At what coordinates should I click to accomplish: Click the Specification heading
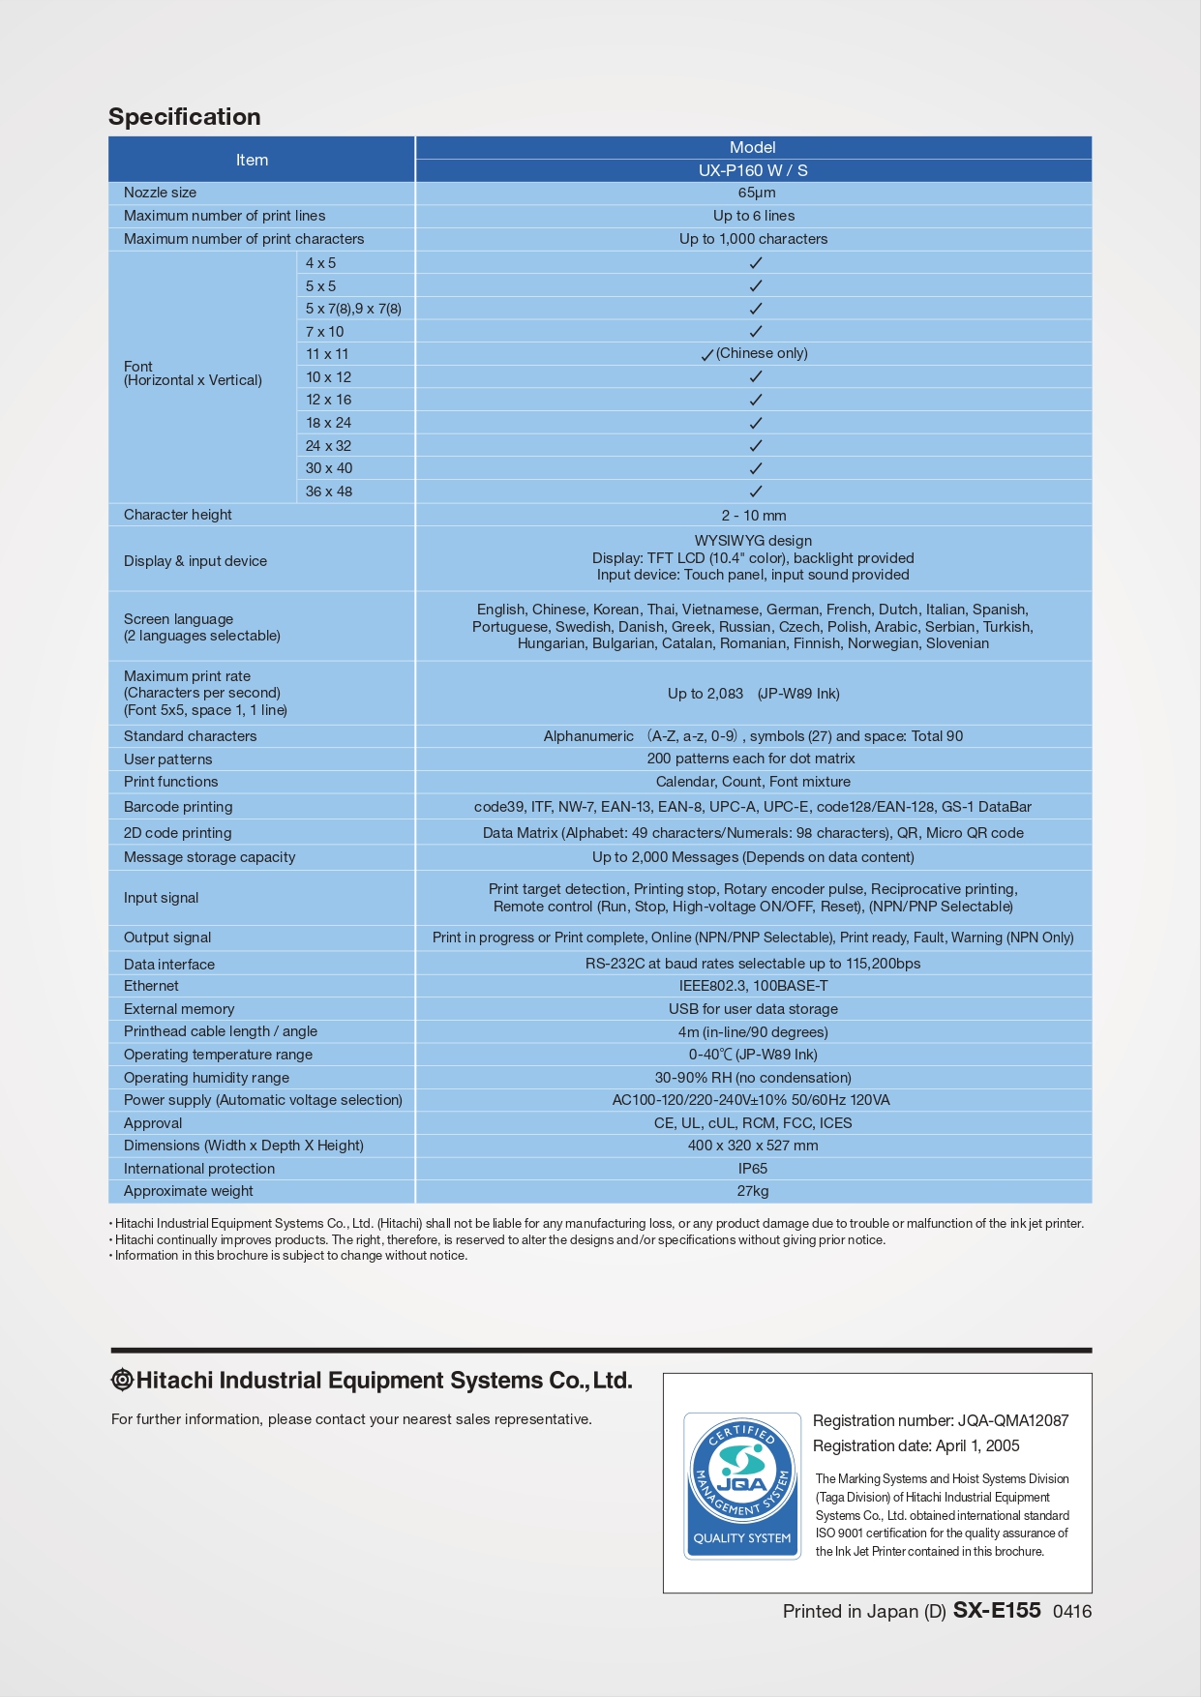pyautogui.click(x=184, y=117)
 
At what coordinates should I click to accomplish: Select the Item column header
pyautogui.click(x=252, y=160)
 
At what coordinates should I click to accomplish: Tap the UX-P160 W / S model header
pyautogui.click(x=753, y=170)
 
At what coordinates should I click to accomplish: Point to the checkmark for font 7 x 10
pyautogui.click(x=756, y=332)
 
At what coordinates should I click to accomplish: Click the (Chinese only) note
pyautogui.click(x=762, y=353)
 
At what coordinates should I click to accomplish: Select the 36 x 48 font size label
pyautogui.click(x=329, y=491)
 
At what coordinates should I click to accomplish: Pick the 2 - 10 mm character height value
pyautogui.click(x=753, y=516)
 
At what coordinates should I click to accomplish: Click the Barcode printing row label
pyautogui.click(x=178, y=807)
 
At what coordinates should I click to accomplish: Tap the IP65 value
pyautogui.click(x=753, y=1169)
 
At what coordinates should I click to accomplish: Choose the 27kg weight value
pyautogui.click(x=753, y=1191)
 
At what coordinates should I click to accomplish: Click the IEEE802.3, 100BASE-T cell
pyautogui.click(x=753, y=986)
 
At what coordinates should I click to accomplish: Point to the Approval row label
pyautogui.click(x=153, y=1123)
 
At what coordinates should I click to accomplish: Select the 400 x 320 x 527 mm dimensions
pyautogui.click(x=753, y=1146)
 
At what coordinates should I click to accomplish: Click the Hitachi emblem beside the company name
pyautogui.click(x=122, y=1381)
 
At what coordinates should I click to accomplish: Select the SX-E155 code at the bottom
pyautogui.click(x=997, y=1610)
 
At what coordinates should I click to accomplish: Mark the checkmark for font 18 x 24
pyautogui.click(x=756, y=423)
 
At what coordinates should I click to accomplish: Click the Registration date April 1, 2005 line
pyautogui.click(x=916, y=1445)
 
